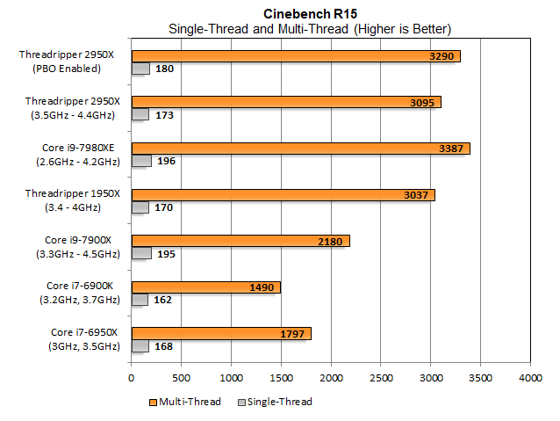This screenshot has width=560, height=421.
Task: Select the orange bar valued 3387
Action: point(300,149)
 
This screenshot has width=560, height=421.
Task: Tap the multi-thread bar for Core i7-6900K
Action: point(205,287)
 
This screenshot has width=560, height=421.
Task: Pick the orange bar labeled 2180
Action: point(240,241)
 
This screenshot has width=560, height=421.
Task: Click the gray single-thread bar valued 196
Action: point(141,161)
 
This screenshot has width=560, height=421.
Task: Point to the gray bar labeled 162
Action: point(140,300)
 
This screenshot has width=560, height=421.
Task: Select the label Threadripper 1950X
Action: point(80,193)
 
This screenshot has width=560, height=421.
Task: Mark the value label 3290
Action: point(442,56)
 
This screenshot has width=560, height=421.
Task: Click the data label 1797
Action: point(293,334)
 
